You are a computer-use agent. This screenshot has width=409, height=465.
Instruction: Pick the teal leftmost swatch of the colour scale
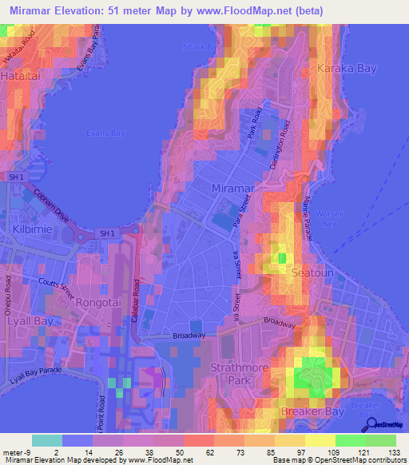pyautogui.click(x=47, y=440)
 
